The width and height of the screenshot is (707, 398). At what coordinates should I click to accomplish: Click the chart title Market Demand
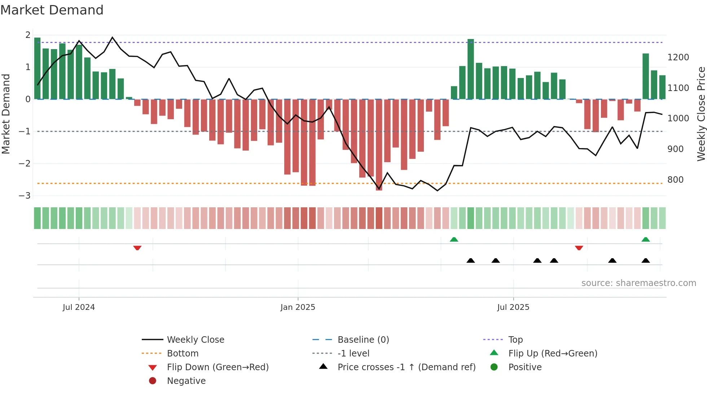pos(52,10)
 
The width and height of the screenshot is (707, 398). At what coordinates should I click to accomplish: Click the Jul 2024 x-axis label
pos(79,307)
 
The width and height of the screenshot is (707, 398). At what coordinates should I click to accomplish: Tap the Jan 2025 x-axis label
pos(298,307)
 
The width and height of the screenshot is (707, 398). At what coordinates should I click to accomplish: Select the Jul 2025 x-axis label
pos(513,307)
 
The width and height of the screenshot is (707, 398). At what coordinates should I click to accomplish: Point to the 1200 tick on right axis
pos(678,57)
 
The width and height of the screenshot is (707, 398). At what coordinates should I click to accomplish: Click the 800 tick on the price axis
pos(675,180)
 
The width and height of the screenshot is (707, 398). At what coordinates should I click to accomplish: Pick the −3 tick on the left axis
pos(25,196)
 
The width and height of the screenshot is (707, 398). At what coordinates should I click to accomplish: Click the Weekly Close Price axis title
pos(701,114)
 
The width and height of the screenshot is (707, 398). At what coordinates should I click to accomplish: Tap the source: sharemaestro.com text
pos(638,283)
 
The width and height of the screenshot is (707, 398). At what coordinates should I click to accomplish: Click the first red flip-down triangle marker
pos(137,248)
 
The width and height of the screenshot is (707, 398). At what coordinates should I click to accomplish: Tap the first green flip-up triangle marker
pos(454,239)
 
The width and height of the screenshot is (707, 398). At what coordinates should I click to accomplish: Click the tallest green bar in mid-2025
pos(470,69)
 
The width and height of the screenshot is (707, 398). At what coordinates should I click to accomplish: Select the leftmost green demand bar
pos(37,69)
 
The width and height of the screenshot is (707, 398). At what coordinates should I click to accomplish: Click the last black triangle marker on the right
pos(646,260)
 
